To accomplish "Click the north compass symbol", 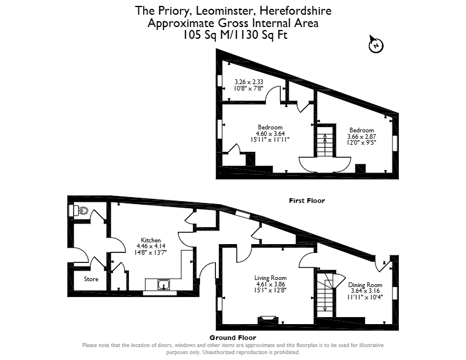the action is tap(375, 45).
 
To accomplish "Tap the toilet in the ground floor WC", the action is tap(81, 211).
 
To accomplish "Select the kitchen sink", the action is tap(164, 285).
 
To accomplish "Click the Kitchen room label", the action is tap(151, 240).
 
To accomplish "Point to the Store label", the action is tap(91, 279).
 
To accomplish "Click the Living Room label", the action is tap(271, 278).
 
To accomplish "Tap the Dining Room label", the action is tap(365, 285).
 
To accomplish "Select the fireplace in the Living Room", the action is tap(268, 320).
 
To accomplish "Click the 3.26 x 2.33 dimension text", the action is tap(249, 82).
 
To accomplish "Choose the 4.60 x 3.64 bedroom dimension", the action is tap(271, 134).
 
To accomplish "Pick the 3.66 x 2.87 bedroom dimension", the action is tap(362, 136).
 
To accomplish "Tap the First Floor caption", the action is tap(307, 201).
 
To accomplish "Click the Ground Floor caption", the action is tap(232, 338).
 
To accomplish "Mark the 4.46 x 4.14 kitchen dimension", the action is tap(151, 246).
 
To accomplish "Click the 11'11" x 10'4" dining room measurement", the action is tap(365, 296).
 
